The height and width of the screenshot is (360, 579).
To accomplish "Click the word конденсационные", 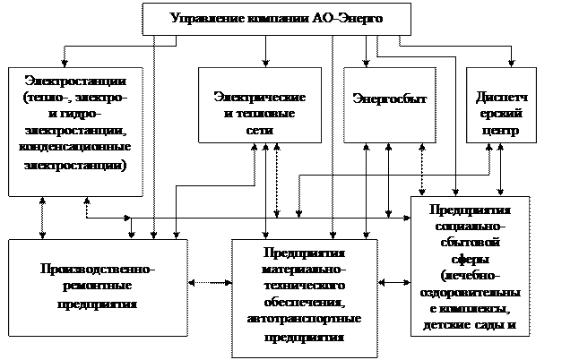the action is tap(75, 146).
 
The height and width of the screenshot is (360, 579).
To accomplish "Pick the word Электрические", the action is tap(260, 97).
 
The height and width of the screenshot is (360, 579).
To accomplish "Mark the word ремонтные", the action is tap(98, 287).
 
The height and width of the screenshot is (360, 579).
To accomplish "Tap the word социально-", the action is tap(470, 227).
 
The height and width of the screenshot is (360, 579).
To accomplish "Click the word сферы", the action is tap(470, 259).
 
